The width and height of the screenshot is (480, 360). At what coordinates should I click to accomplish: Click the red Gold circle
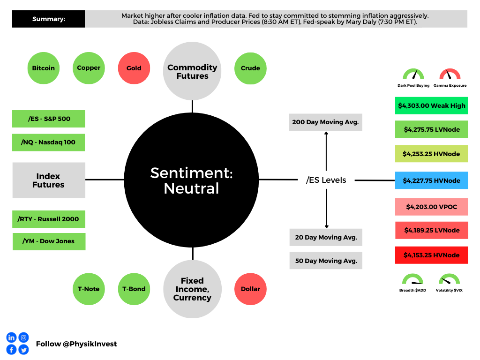[134, 68]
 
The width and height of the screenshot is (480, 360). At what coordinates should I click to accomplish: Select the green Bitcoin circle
[43, 68]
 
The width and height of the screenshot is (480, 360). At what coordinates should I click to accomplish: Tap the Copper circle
[89, 68]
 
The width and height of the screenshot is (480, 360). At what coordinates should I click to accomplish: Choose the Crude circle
[250, 68]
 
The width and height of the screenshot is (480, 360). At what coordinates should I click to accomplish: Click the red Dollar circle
[250, 289]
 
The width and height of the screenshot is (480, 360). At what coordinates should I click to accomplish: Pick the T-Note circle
[89, 289]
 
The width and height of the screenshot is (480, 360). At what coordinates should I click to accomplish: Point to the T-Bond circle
[134, 289]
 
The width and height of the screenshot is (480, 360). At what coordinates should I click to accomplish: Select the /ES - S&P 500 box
[49, 119]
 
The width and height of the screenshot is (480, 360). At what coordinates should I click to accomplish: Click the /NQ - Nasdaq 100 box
[49, 142]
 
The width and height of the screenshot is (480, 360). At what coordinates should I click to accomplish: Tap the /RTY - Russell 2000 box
[49, 219]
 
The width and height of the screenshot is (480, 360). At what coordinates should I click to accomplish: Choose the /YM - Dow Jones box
[49, 241]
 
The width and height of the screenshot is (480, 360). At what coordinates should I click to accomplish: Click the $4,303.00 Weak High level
[431, 105]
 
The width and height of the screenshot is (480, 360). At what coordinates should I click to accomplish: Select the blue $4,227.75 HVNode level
[431, 180]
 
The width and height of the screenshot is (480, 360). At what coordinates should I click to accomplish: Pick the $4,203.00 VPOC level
[431, 207]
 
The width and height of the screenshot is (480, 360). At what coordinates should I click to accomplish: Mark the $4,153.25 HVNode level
[431, 255]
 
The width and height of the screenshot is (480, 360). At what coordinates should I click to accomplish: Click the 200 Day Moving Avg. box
[325, 122]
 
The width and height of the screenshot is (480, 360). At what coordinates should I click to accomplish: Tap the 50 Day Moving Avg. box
[325, 261]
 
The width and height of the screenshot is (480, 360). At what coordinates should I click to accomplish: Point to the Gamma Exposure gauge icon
[450, 75]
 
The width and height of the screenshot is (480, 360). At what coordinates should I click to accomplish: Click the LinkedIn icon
[11, 337]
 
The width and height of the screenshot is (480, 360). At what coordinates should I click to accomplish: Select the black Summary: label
[49, 19]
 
